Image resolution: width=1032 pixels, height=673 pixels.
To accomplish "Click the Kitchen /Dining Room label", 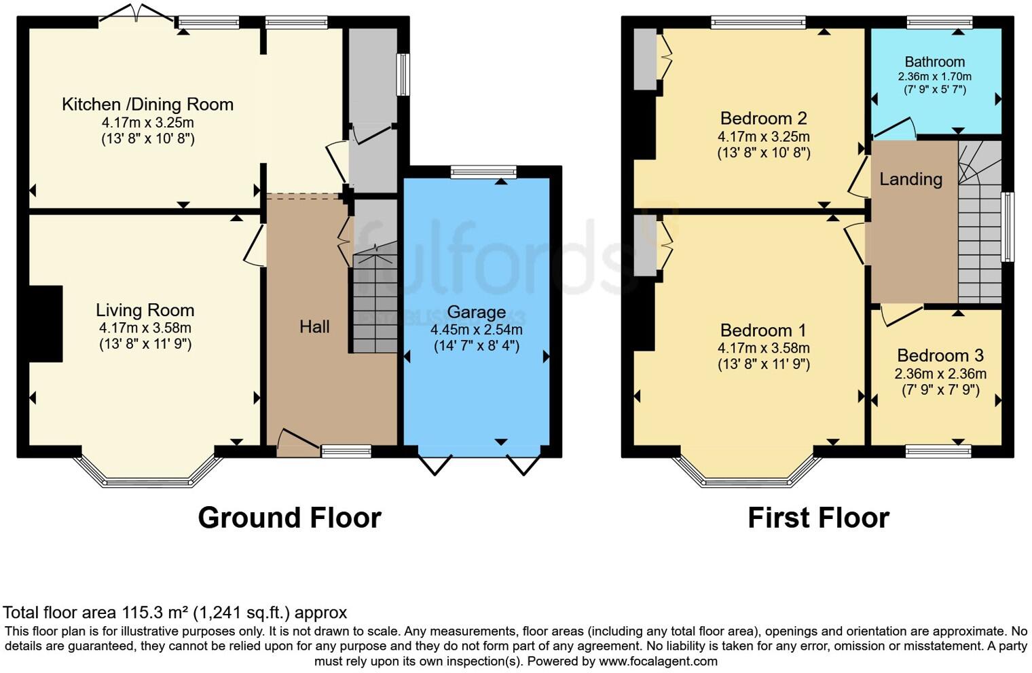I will [x=147, y=104].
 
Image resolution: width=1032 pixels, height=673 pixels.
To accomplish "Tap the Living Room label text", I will [x=145, y=310].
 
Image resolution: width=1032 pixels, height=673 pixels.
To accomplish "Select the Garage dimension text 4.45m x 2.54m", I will [x=476, y=330].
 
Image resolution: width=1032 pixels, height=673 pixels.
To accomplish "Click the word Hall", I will [x=314, y=326].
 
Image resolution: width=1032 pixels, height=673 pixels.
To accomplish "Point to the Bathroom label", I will [x=934, y=62].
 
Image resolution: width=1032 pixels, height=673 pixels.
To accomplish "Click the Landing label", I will [x=910, y=179].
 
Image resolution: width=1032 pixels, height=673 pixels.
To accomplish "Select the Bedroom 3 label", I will [x=940, y=355].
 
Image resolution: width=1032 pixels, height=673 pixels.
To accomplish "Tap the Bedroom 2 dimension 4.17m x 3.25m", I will [x=763, y=136].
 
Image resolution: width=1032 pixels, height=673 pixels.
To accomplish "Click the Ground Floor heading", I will [x=289, y=518].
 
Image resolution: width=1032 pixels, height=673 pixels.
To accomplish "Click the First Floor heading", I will [x=818, y=518].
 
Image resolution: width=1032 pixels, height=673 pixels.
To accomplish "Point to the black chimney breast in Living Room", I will [x=45, y=324].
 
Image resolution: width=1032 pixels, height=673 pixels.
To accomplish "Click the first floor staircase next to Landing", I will [x=979, y=231].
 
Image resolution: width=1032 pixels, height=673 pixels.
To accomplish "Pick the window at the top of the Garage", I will [x=483, y=172].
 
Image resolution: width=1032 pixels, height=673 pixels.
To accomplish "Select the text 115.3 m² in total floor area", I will [x=155, y=613].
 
